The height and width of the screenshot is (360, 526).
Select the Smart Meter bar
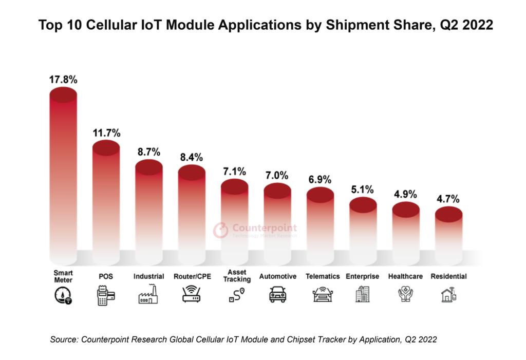[63, 175]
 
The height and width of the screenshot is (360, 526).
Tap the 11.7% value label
[106, 133]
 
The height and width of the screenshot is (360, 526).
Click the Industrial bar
[149, 211]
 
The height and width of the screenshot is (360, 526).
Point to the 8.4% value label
[192, 157]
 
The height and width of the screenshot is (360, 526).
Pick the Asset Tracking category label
[237, 276]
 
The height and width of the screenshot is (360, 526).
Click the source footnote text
[243, 339]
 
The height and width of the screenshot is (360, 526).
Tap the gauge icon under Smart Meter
[63, 296]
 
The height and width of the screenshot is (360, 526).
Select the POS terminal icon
[106, 296]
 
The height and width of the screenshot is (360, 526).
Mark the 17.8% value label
[63, 80]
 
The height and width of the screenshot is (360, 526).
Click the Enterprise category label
[363, 276]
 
